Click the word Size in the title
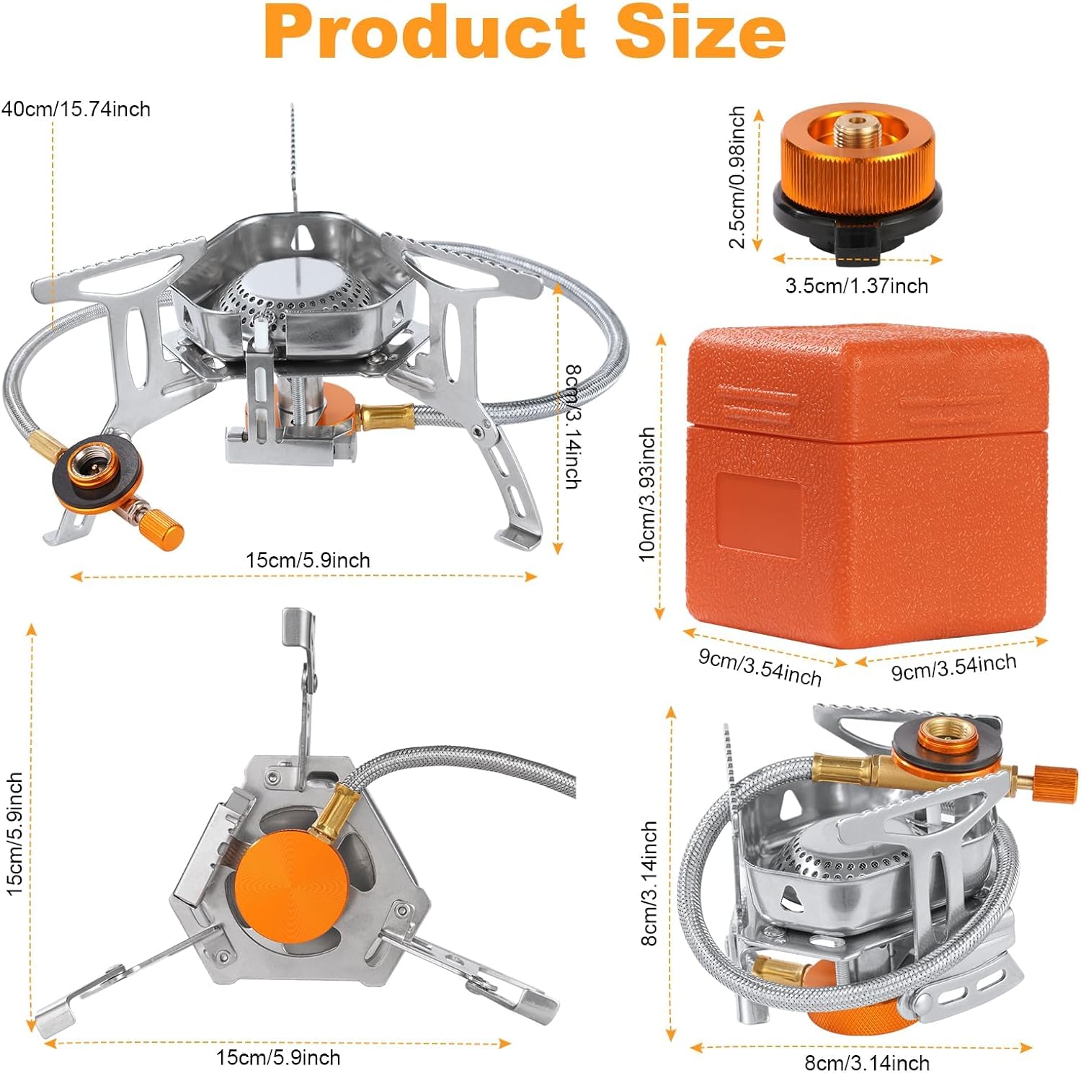(x=700, y=32)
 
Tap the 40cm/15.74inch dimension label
(x=76, y=110)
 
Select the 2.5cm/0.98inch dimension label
(x=737, y=177)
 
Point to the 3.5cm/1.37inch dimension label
(x=857, y=286)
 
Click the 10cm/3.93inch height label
(x=647, y=494)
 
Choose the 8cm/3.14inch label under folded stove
(x=867, y=1062)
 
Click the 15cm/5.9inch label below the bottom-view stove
(x=278, y=1057)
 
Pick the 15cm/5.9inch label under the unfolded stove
(x=308, y=560)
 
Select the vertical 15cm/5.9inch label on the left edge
(x=15, y=834)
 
